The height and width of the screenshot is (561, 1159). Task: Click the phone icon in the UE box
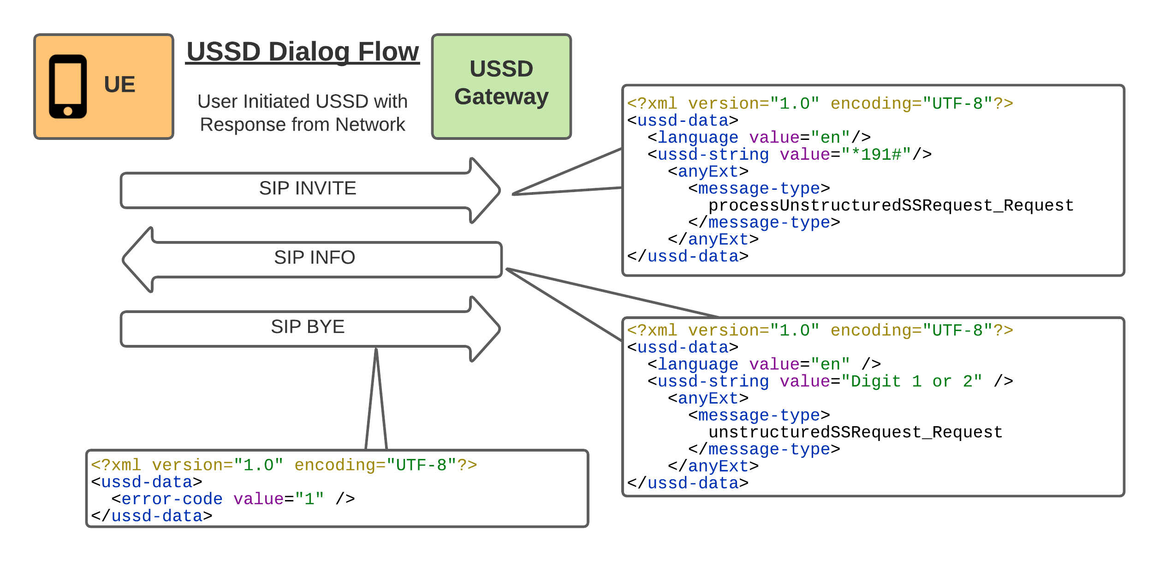tap(68, 87)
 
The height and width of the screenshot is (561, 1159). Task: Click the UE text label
tap(119, 84)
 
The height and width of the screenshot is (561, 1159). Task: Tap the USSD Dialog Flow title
tap(303, 51)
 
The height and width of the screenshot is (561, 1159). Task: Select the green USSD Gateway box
tap(501, 86)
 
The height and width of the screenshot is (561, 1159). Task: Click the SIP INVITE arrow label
tap(308, 188)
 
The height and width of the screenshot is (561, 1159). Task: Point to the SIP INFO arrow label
tap(315, 258)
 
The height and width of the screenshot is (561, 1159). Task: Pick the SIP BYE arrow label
tap(308, 327)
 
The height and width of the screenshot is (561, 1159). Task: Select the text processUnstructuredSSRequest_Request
tap(891, 205)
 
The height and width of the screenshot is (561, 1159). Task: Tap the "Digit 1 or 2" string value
tap(911, 381)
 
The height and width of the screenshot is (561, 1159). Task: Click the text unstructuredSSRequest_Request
tap(855, 432)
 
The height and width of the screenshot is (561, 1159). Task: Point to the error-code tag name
tap(172, 499)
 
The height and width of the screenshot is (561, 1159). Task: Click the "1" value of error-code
tap(309, 499)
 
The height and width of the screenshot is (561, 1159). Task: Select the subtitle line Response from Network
tap(303, 125)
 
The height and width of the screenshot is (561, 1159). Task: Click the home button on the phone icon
tap(68, 111)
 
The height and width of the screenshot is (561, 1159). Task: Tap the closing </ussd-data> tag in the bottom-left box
tap(152, 516)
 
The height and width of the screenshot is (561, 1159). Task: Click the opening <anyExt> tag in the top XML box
tap(708, 172)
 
